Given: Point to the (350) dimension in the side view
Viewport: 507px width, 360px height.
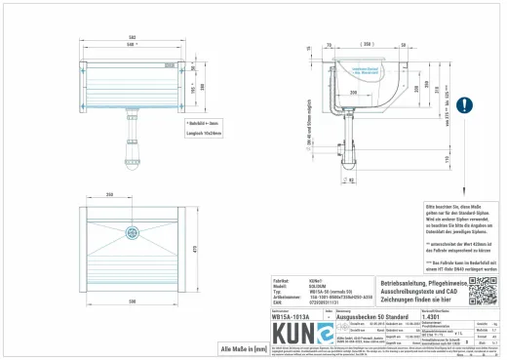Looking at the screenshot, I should pos(367,45).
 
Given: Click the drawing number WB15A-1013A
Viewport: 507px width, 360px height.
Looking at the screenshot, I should pos(292,317).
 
